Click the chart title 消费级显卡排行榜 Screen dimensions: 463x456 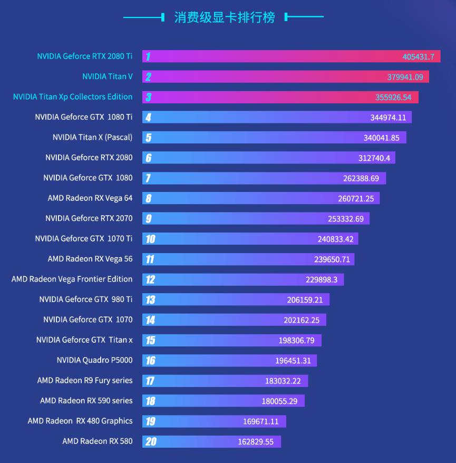point(225,17)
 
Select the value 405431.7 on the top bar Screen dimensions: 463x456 point(418,56)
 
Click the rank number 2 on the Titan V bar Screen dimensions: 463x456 point(149,77)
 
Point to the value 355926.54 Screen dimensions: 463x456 point(393,98)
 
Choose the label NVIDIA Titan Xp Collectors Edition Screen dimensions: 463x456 point(73,97)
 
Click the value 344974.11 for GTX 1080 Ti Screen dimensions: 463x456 point(387,118)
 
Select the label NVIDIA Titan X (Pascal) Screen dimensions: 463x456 point(92,137)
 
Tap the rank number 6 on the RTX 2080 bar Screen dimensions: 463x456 point(149,158)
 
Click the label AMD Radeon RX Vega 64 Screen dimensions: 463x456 point(90,198)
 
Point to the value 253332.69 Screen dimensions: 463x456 point(345,219)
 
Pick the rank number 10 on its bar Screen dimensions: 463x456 point(150,239)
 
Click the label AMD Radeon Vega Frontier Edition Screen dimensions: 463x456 point(72,279)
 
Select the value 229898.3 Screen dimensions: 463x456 point(321,279)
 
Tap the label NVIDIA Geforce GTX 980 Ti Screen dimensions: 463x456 point(85,300)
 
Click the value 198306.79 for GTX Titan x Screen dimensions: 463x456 point(296,341)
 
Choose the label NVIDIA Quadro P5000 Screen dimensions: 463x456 point(94,360)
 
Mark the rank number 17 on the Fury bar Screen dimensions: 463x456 point(150,381)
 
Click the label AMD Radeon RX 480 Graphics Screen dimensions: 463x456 point(80,421)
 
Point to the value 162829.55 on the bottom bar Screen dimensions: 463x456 point(256,442)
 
